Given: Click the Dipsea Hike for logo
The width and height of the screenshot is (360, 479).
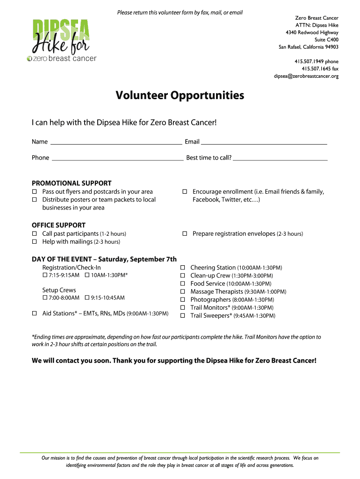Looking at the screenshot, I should tap(62, 39).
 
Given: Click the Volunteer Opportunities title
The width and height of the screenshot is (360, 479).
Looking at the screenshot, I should tap(180, 95).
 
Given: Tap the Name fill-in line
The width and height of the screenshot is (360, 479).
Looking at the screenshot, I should tap(116, 143).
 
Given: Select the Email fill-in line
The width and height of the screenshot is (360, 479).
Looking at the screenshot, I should tap(264, 143).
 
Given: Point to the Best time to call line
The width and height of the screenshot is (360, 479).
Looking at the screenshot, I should tap(280, 159).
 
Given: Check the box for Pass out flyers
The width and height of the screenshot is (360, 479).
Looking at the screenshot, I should tap(34, 192).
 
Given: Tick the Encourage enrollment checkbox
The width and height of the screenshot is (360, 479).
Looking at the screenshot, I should tap(185, 192).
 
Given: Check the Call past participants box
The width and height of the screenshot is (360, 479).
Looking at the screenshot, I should tap(34, 233).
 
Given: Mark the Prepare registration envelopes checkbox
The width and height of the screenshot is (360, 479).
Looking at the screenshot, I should tap(185, 233).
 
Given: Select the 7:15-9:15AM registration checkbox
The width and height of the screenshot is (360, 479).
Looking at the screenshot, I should tap(45, 275).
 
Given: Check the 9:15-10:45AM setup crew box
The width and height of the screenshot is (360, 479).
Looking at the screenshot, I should tap(87, 298).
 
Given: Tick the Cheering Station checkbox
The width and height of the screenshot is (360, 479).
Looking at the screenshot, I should tap(183, 268).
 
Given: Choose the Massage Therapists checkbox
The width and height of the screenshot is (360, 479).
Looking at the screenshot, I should tap(183, 291).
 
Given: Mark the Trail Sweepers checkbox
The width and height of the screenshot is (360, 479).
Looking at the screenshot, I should tap(183, 316).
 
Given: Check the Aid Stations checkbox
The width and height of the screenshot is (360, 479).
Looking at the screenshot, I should tap(34, 313).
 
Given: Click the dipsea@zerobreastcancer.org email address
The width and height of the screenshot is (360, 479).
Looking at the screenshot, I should tap(306, 76).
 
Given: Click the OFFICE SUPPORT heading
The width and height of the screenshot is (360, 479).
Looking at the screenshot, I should tap(58, 225).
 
